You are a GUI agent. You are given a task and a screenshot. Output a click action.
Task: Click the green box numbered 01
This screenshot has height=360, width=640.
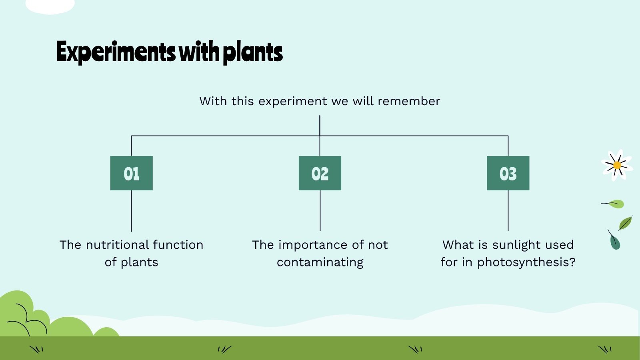tap(131, 173)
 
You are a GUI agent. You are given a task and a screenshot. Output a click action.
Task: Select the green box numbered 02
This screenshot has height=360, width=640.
tap(320, 173)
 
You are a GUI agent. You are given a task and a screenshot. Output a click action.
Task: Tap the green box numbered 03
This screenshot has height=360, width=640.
tap(508, 173)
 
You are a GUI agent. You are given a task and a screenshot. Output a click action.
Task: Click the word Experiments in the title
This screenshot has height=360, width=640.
tap(116, 52)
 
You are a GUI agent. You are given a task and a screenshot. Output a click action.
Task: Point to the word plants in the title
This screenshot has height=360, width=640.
tap(252, 52)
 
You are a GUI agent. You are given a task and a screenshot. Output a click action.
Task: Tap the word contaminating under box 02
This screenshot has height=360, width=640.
tap(320, 262)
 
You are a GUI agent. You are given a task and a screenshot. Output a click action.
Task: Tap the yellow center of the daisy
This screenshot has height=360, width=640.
tap(617, 165)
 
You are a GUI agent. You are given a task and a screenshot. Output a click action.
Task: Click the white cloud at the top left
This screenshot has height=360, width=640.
tap(50, 6)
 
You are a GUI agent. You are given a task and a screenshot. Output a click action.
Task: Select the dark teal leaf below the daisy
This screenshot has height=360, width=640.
tap(615, 242)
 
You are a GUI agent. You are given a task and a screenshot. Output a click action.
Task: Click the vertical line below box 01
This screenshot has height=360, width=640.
tap(131, 211)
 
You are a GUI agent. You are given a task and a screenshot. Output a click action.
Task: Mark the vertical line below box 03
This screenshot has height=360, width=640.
tap(508, 211)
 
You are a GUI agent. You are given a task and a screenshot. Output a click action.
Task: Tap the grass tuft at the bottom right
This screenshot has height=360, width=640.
tap(604, 349)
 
